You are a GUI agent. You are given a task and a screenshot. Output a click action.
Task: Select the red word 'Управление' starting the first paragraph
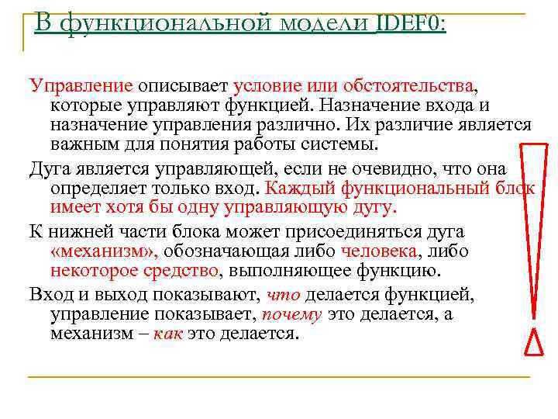[81, 85]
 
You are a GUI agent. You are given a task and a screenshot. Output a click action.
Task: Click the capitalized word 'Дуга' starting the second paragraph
[49, 168]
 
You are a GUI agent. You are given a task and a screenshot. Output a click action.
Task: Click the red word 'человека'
[381, 251]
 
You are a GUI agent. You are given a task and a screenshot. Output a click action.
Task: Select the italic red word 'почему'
[292, 315]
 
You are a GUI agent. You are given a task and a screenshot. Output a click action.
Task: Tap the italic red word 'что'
[283, 295]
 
